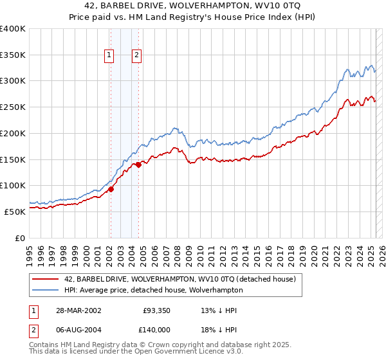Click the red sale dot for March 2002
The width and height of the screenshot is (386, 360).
(x=111, y=189)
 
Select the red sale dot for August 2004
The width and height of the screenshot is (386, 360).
(x=138, y=165)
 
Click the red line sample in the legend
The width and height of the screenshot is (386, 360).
(x=45, y=279)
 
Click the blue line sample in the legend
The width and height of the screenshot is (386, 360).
(x=45, y=290)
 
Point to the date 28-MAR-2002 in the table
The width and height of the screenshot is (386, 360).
(x=77, y=310)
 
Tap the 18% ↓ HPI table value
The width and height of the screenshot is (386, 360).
(x=219, y=328)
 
